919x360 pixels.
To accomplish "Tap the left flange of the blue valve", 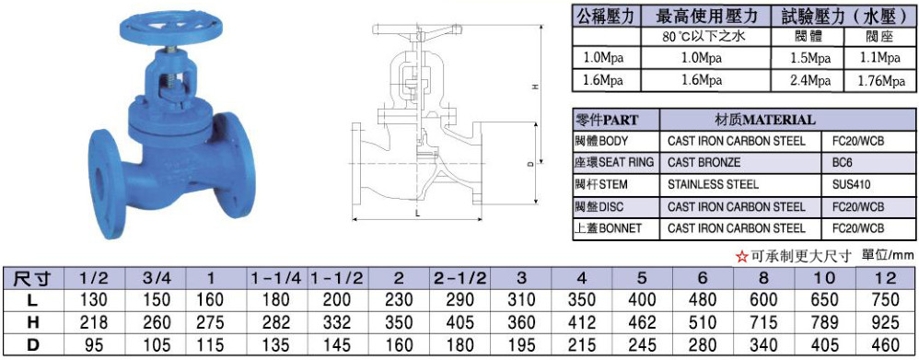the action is click(107, 184).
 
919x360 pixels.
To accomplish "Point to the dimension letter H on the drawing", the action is click(534, 87).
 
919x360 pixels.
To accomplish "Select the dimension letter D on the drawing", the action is click(529, 165).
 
